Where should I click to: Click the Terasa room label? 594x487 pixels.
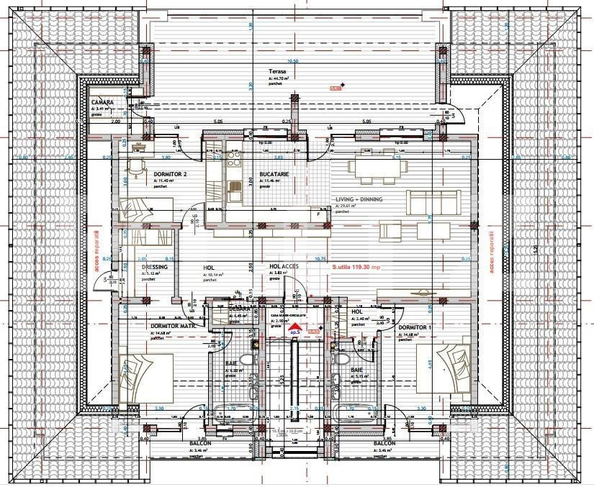pos(278,72)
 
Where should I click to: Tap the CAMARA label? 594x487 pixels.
pos(102,103)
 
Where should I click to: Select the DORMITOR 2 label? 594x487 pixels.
pos(170,174)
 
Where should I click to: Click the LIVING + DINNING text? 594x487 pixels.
pos(359,199)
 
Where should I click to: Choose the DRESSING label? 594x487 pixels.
pos(154,268)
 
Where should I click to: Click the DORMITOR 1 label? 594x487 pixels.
pos(415,327)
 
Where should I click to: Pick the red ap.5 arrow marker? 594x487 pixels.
pos(293,330)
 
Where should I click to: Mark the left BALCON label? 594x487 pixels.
pos(200,444)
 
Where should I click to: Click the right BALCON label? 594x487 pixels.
pos(384,444)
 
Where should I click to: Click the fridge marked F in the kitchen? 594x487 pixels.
pos(318,214)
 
